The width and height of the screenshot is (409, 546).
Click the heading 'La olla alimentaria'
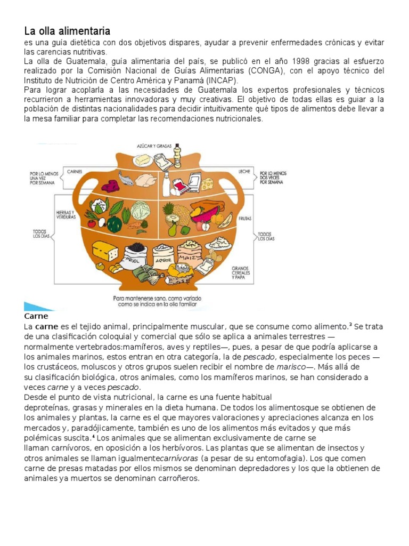(x=67, y=31)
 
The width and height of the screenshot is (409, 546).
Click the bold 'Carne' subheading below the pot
(x=36, y=316)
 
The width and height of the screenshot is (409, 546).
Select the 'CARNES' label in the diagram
(x=75, y=172)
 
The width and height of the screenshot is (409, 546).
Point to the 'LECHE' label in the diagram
(x=244, y=172)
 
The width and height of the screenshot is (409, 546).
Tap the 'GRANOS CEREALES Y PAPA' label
(x=241, y=273)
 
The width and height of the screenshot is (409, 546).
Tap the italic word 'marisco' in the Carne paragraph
(x=291, y=367)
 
